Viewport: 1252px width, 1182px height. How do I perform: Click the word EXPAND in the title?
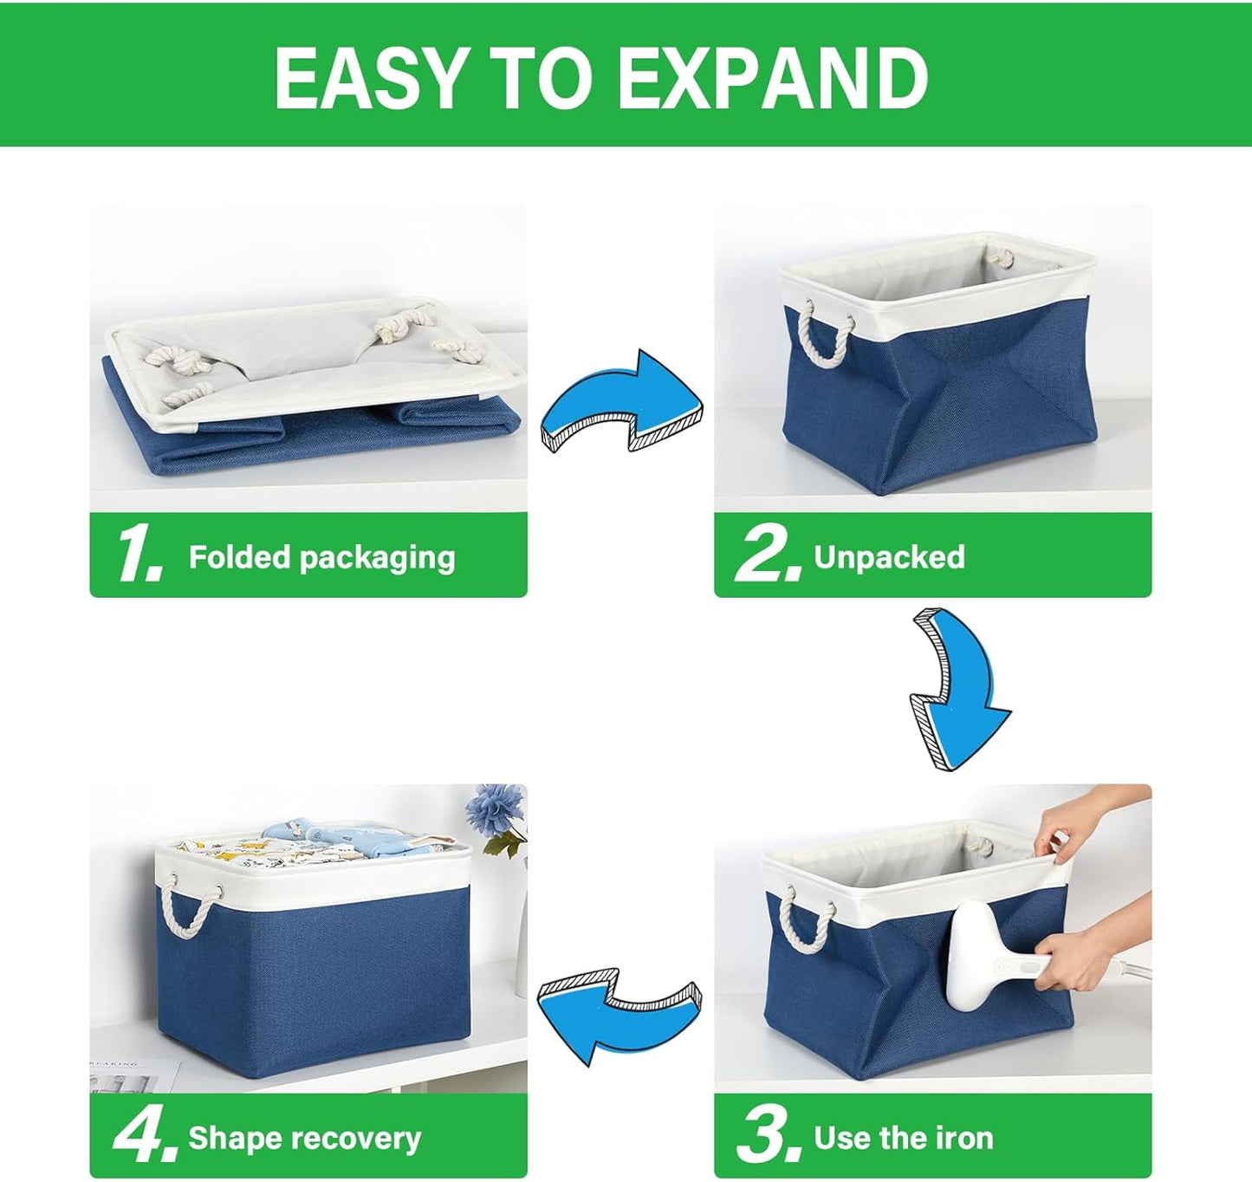(774, 78)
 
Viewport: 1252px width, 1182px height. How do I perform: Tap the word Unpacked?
(889, 556)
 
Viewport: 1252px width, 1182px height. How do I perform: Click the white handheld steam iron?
(979, 953)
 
